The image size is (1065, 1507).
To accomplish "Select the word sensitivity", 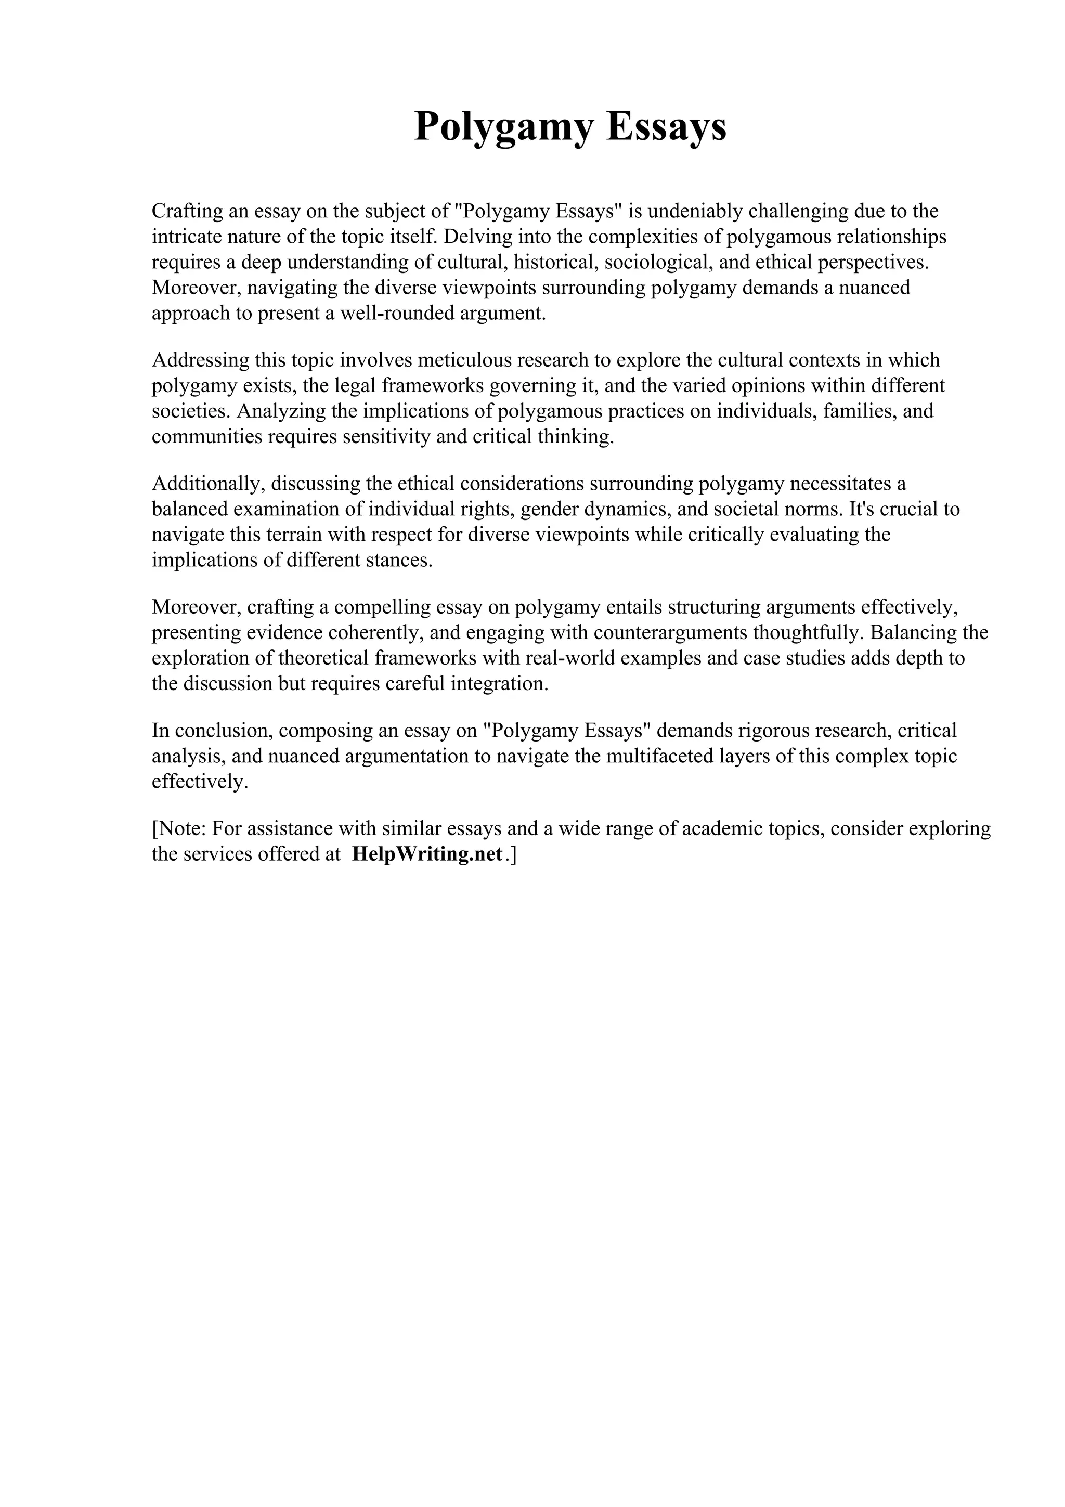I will tap(387, 436).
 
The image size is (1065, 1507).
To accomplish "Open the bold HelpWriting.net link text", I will tap(427, 854).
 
